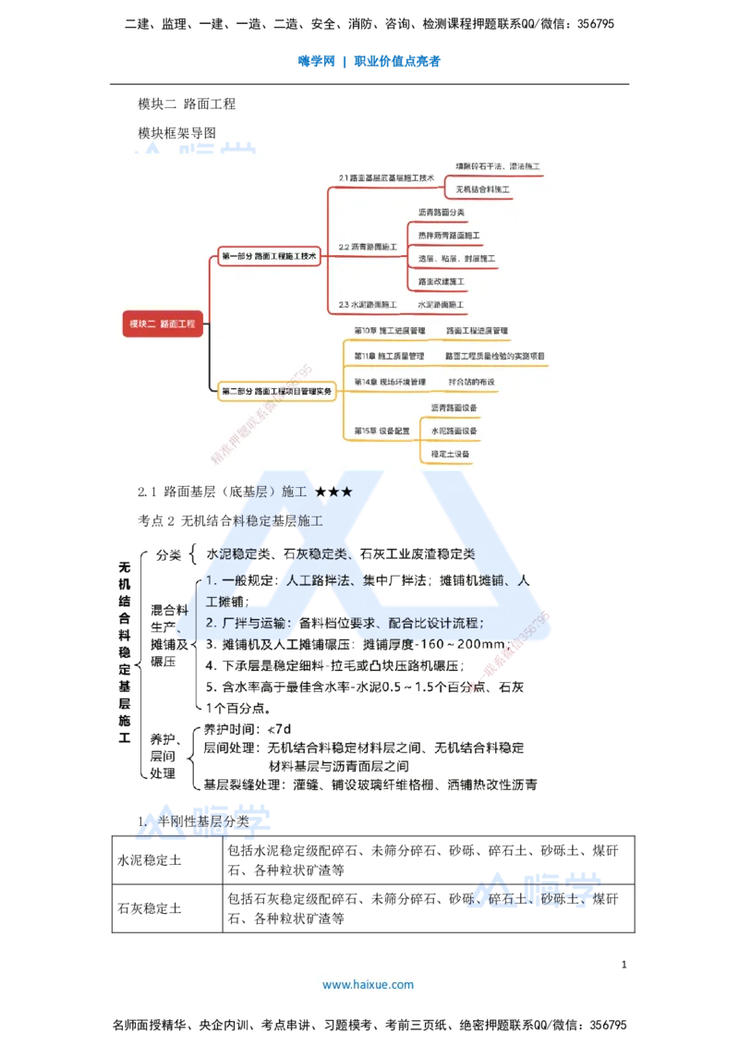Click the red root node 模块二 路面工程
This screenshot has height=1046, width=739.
click(x=163, y=323)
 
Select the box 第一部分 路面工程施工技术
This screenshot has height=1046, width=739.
click(x=269, y=256)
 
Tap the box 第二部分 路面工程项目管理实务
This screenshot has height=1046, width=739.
click(x=276, y=392)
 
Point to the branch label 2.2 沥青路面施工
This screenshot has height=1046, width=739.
click(x=368, y=247)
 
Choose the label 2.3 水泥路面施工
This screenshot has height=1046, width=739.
click(x=368, y=304)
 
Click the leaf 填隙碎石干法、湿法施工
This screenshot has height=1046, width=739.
click(x=498, y=167)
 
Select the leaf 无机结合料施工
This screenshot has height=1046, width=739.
click(x=482, y=189)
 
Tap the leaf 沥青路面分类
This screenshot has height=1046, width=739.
click(x=442, y=213)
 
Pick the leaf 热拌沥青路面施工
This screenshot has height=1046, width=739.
click(x=449, y=236)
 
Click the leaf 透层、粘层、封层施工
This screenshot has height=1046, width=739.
click(x=457, y=259)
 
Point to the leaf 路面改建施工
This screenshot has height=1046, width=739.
click(x=442, y=281)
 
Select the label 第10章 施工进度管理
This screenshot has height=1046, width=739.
click(x=390, y=330)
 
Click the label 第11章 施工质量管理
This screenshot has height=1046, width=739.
click(x=390, y=356)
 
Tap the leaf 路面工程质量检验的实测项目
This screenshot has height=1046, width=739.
click(x=495, y=356)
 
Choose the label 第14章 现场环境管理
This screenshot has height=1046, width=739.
click(x=390, y=382)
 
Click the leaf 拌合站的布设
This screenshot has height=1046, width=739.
click(x=472, y=382)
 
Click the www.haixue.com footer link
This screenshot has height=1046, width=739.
click(x=368, y=985)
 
